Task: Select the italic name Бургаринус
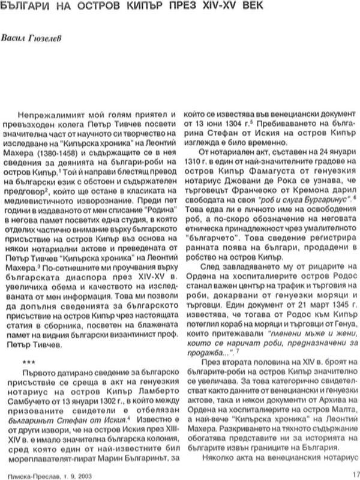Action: [318, 200]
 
